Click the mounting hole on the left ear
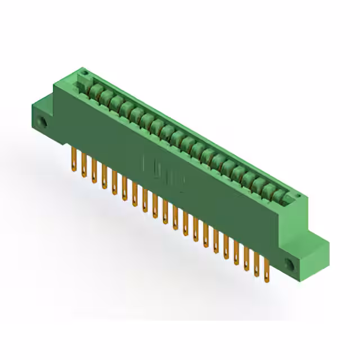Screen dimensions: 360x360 [42, 122]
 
